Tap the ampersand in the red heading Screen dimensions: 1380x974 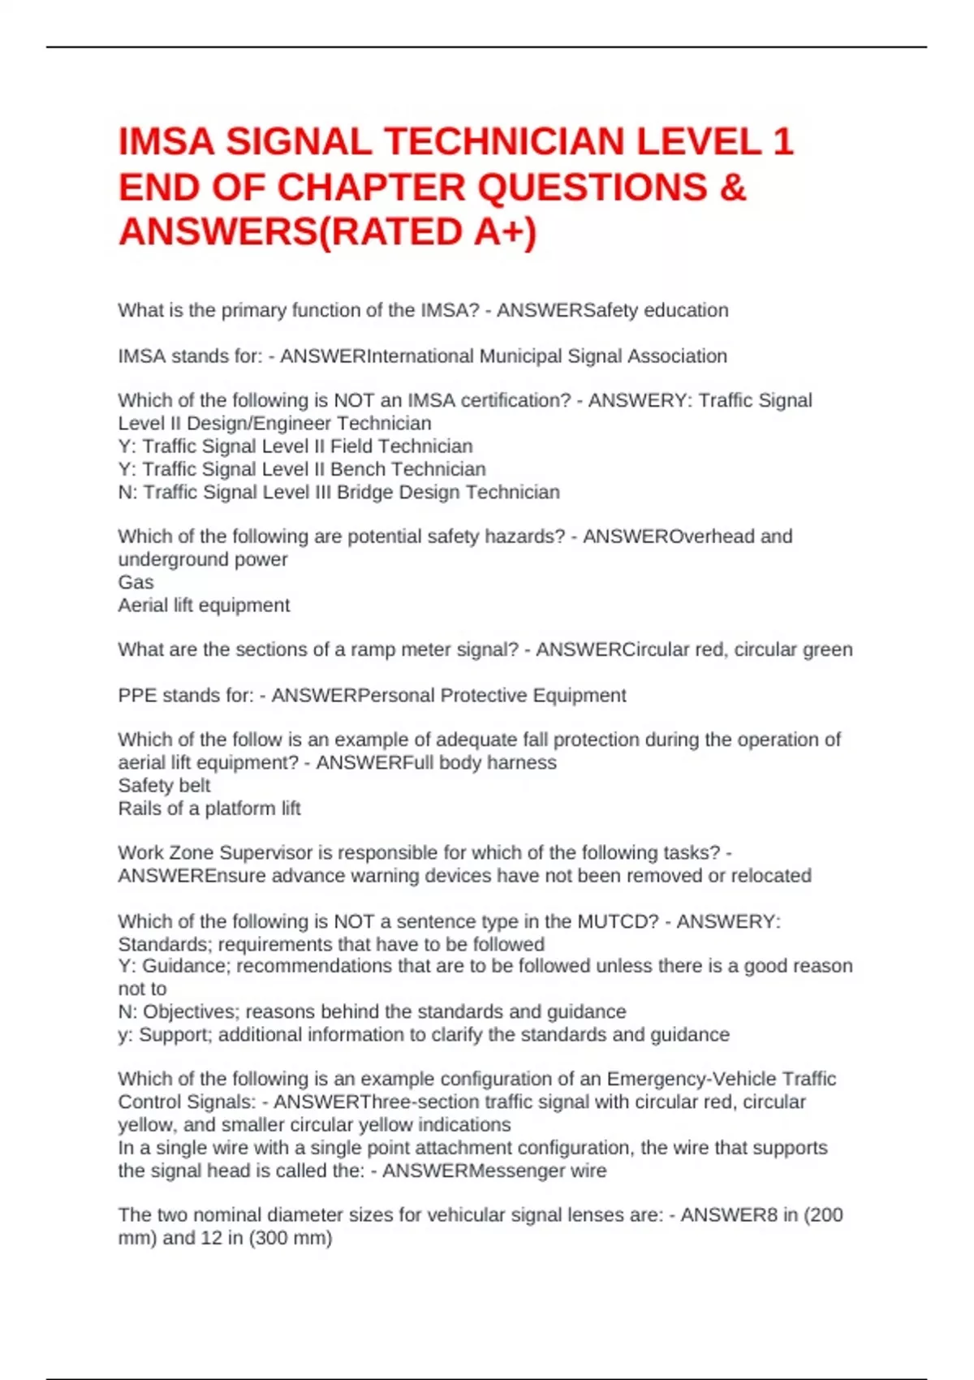click(732, 188)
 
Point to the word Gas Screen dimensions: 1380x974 click(136, 583)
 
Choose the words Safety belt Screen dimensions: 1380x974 click(164, 786)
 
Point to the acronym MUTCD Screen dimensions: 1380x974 click(618, 922)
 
